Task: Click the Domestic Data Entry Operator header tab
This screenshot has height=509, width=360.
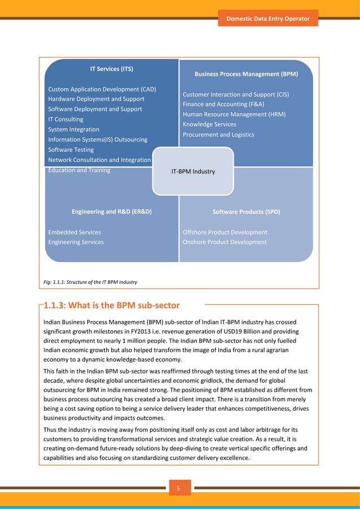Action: [268, 19]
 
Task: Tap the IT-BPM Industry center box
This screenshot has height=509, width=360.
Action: [193, 171]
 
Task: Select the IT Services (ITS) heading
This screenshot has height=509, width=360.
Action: [112, 69]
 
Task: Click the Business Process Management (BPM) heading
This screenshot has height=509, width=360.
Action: [246, 74]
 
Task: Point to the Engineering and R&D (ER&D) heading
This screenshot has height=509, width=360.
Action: [112, 212]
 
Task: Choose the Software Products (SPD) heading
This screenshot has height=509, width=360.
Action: [246, 212]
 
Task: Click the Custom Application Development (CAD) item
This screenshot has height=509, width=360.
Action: [102, 89]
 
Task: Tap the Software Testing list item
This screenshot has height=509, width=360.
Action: [71, 150]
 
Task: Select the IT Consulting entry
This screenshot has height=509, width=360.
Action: [65, 119]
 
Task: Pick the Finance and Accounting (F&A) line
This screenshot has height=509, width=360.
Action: [223, 104]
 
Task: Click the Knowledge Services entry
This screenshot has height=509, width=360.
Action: [209, 124]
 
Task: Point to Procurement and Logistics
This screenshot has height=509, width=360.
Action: [218, 134]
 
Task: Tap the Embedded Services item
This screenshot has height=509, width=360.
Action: [74, 232]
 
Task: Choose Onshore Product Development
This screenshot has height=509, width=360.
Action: [225, 242]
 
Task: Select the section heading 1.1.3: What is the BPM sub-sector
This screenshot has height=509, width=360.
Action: [112, 306]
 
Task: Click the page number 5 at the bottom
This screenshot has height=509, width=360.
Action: [180, 489]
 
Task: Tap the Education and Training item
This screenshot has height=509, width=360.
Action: [79, 170]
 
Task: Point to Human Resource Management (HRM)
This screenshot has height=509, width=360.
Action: [234, 114]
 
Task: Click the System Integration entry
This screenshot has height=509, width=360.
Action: [73, 129]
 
